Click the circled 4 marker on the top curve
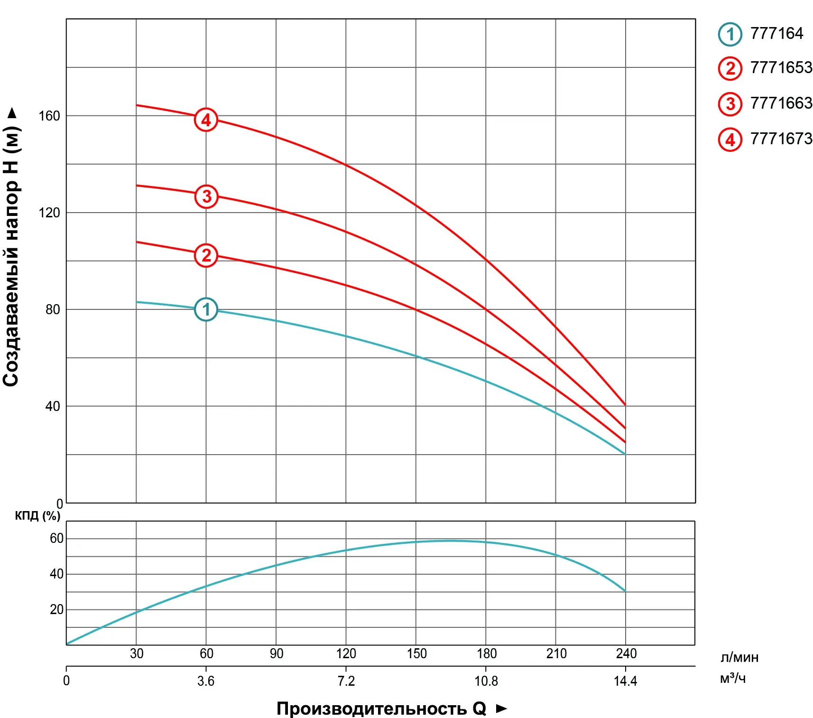(206, 120)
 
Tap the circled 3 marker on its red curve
(206, 196)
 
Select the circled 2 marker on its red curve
(206, 255)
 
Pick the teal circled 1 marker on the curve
(206, 309)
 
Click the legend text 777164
(776, 34)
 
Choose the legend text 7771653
(781, 68)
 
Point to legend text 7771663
(781, 103)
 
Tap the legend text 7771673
(781, 139)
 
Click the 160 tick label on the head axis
(49, 116)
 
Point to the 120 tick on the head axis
(49, 213)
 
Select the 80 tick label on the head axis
(53, 309)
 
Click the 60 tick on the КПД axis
(56, 538)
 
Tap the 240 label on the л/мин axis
(626, 654)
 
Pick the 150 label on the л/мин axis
(416, 654)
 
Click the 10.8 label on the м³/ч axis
(486, 681)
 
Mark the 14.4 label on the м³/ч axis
(625, 681)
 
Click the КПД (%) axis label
(37, 516)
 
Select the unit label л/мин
(739, 657)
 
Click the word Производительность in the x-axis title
(371, 709)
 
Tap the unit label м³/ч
(733, 679)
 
